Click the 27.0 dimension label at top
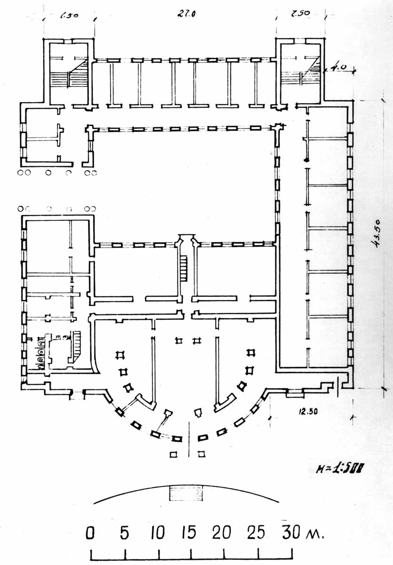click(186, 14)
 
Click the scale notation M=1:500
click(341, 468)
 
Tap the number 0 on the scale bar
click(90, 533)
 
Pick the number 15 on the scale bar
click(188, 533)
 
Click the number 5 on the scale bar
click(124, 533)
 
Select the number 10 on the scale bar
click(157, 533)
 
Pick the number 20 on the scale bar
click(221, 533)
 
